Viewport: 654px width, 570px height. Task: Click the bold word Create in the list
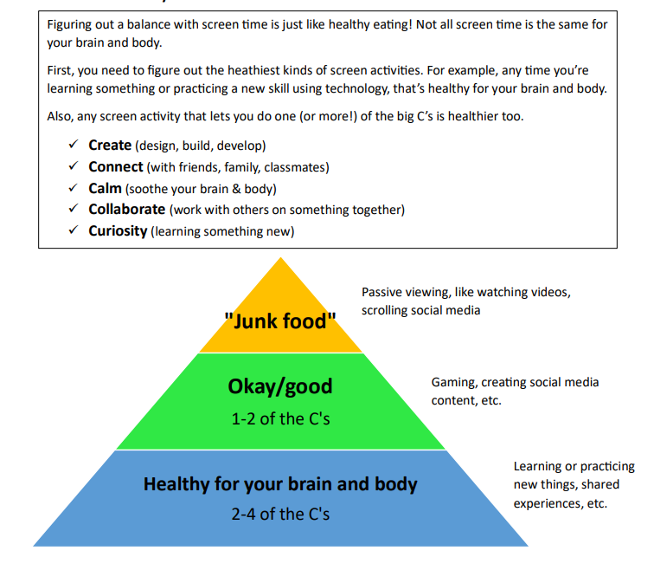pos(110,146)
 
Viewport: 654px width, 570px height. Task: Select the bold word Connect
pos(116,167)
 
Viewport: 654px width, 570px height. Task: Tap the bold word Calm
pos(105,188)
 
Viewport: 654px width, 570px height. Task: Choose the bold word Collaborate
pos(126,210)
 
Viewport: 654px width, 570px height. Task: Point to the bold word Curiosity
pos(118,231)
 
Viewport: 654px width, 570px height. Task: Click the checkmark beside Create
pos(74,146)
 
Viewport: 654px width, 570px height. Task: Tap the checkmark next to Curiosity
pos(74,231)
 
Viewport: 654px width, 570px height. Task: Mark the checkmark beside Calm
pos(74,188)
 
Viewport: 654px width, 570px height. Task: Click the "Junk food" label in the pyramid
pos(279,321)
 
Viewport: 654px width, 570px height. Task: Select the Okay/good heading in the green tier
pos(279,387)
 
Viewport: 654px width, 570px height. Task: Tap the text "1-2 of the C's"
pos(279,419)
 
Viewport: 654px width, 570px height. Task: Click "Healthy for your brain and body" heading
pos(280,484)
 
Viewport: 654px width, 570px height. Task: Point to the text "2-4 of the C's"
pos(280,514)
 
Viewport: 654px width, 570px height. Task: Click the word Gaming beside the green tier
pos(452,382)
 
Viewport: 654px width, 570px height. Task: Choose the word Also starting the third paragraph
pos(61,116)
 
